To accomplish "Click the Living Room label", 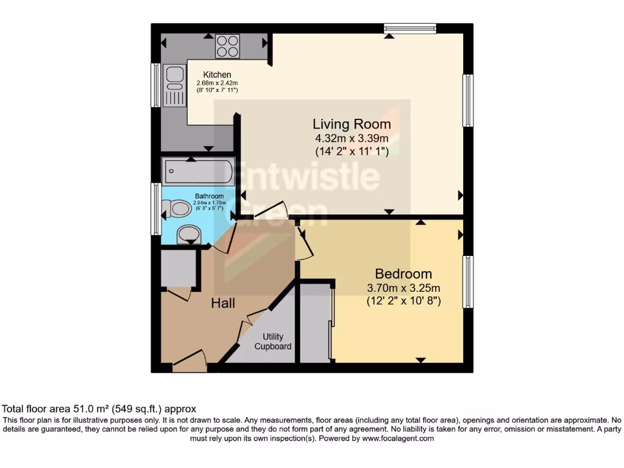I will (x=352, y=124).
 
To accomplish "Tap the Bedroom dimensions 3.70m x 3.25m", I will (x=403, y=288).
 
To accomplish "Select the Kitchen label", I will (x=217, y=75).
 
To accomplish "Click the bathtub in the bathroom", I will (x=197, y=171).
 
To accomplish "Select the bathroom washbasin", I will (x=188, y=235).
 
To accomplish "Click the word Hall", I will (x=223, y=303).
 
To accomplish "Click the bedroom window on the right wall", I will (x=468, y=282).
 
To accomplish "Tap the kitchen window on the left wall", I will (x=156, y=85).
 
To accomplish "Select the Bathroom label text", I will (x=209, y=196).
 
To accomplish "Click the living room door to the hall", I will (x=268, y=210).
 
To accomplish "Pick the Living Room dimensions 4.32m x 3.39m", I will (x=351, y=138).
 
